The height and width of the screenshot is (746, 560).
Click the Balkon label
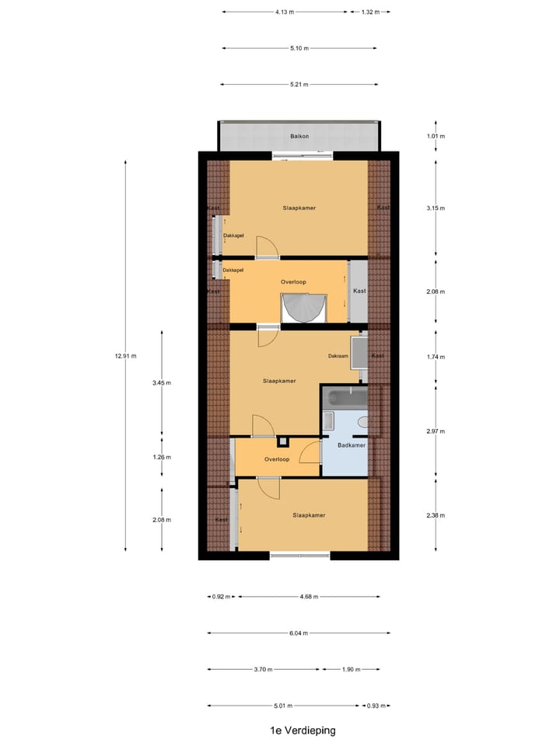(x=299, y=136)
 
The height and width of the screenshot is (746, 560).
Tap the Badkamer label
(x=351, y=445)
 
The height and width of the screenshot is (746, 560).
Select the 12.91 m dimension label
(x=125, y=356)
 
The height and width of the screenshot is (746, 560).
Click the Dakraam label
(x=338, y=356)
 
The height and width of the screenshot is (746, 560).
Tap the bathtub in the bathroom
(x=345, y=399)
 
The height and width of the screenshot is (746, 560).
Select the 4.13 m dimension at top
(x=285, y=12)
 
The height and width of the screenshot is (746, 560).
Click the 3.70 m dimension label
(x=264, y=669)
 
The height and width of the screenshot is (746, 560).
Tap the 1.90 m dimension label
(x=352, y=669)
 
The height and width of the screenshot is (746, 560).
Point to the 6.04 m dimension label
(x=295, y=633)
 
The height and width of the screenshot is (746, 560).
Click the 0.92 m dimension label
(x=220, y=597)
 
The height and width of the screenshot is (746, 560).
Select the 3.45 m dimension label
(x=162, y=383)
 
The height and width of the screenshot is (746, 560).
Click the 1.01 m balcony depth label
(x=436, y=136)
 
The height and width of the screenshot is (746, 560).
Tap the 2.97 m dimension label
(x=436, y=431)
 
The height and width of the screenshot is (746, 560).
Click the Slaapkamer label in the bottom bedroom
(x=308, y=515)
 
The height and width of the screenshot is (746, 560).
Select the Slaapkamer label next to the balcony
(x=299, y=208)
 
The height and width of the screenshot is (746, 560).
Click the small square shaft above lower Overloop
(x=283, y=442)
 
